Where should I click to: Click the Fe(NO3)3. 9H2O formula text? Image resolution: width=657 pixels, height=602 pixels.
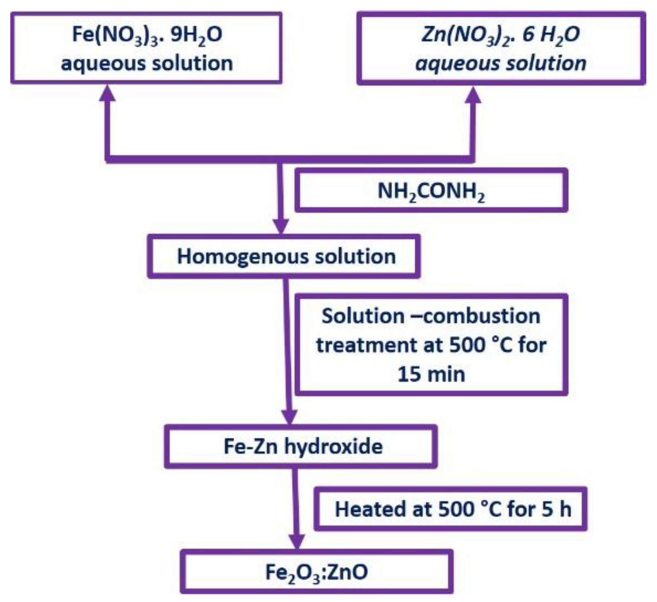tap(147, 35)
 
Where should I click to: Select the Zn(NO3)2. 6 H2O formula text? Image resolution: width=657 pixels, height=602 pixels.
tap(500, 35)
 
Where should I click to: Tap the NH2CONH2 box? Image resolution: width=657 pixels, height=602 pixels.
tap(431, 191)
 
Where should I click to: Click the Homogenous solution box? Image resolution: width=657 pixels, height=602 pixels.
tap(284, 256)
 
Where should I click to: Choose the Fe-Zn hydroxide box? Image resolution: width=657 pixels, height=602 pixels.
tap(301, 447)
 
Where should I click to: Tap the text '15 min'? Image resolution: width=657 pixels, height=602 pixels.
tap(431, 374)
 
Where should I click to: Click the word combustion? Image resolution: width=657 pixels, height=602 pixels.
tap(482, 316)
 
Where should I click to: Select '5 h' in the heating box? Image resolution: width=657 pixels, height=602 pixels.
tap(556, 509)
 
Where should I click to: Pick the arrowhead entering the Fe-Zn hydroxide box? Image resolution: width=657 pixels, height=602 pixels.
tap(290, 417)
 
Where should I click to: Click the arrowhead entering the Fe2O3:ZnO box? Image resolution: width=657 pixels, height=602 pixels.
tap(297, 541)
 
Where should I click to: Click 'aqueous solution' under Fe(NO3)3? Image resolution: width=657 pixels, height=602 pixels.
tap(147, 63)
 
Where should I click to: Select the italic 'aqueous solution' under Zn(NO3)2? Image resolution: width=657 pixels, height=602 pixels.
tap(500, 63)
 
